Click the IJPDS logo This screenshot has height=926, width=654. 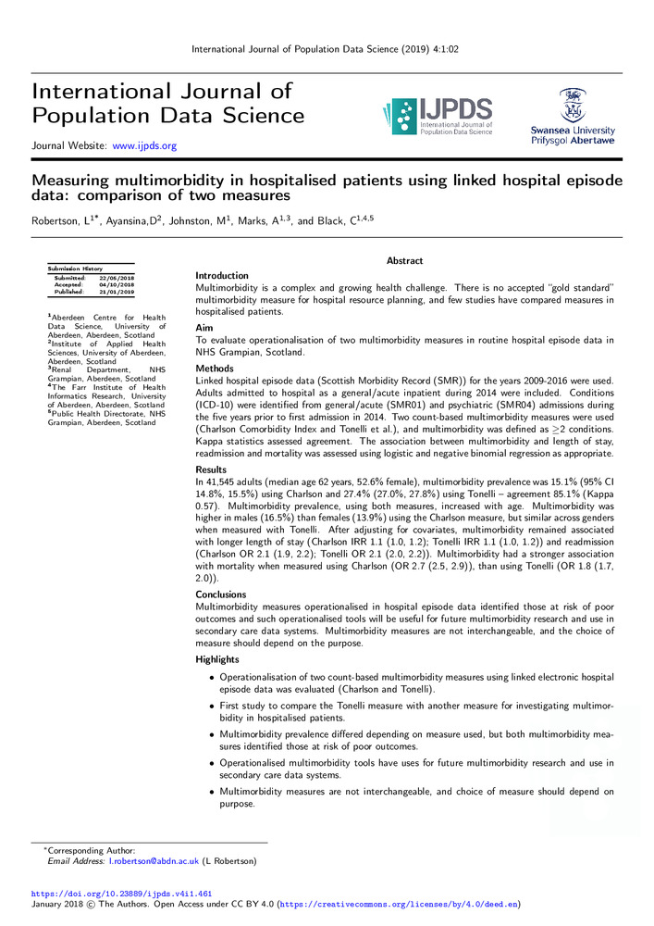[x=436, y=117]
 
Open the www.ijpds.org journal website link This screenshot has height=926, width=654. [x=144, y=145]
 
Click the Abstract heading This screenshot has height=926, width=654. [x=404, y=261]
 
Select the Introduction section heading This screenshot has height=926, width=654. [x=222, y=276]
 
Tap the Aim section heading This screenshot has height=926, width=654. [x=205, y=329]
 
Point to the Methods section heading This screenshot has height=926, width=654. [x=215, y=369]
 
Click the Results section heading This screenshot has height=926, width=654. [x=212, y=470]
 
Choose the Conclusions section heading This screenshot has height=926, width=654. [x=221, y=594]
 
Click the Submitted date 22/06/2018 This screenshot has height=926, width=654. [x=117, y=278]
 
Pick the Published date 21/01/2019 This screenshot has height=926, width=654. [x=117, y=291]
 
